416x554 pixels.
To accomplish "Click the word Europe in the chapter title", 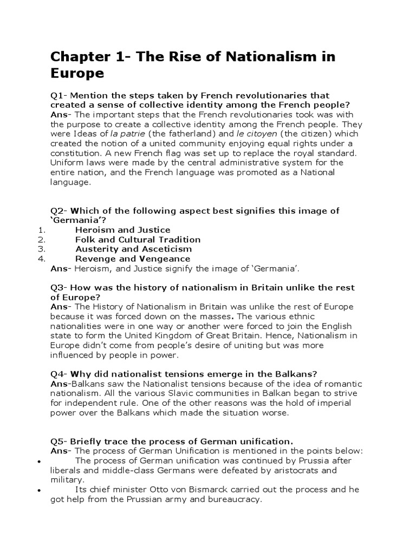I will pos(76,72).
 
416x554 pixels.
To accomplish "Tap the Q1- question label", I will pos(59,96).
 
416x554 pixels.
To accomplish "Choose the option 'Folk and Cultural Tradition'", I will pos(138,239).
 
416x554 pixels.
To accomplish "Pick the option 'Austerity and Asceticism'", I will pos(133,249).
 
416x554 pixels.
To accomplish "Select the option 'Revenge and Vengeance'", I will pos(133,259).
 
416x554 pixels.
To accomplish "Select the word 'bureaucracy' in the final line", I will pos(237,499).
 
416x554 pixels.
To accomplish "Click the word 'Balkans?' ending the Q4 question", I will pos(297,374).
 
